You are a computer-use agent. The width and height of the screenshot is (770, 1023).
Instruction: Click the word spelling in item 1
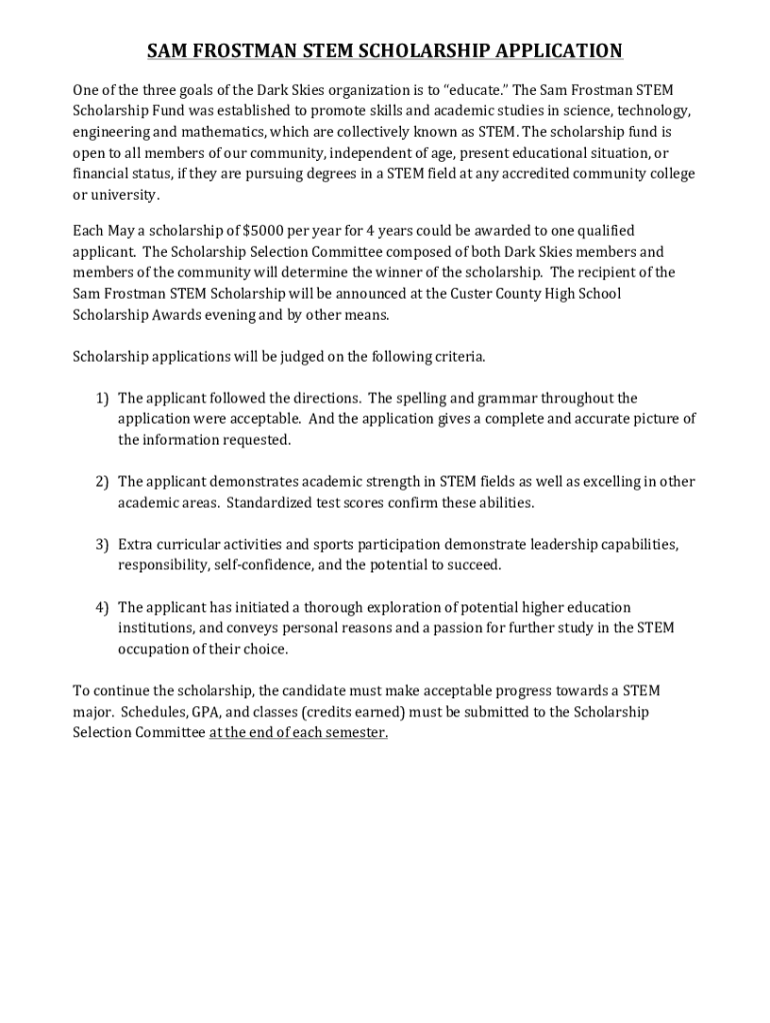pos(429,399)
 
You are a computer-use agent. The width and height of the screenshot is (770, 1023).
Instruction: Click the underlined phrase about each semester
pos(298,733)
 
